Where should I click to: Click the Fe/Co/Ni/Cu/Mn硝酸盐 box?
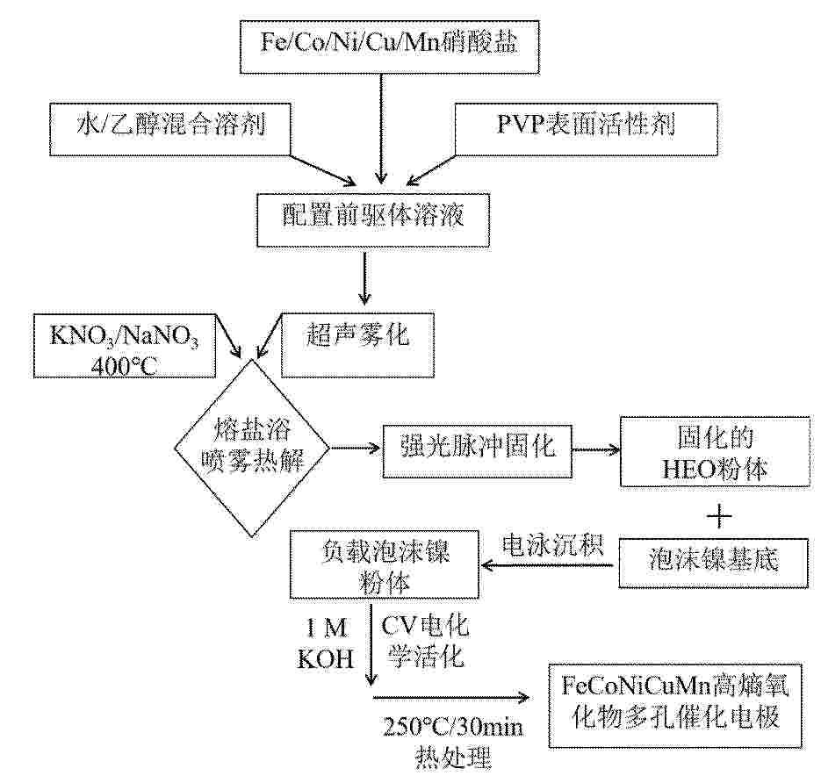click(390, 47)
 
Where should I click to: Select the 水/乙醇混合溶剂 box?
click(170, 129)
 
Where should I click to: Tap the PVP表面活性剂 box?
click(586, 129)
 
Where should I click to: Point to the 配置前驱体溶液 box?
click(373, 219)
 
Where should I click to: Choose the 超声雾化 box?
click(358, 345)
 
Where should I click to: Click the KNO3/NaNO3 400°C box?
click(125, 346)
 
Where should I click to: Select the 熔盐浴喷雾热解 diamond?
click(252, 448)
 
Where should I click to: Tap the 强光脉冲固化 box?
click(477, 450)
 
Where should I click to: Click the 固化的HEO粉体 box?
click(715, 452)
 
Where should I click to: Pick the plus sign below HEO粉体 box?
click(719, 517)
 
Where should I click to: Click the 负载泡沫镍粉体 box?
click(385, 564)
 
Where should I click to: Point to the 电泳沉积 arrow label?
click(553, 545)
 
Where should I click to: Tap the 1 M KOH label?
click(326, 643)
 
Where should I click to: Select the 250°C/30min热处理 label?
click(453, 742)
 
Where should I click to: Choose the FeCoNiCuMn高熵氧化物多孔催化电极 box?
click(675, 706)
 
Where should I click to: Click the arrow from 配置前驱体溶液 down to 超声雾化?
click(364, 276)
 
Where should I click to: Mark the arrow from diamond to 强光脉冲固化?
click(356, 448)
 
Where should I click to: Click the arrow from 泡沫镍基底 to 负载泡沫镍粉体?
click(547, 565)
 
